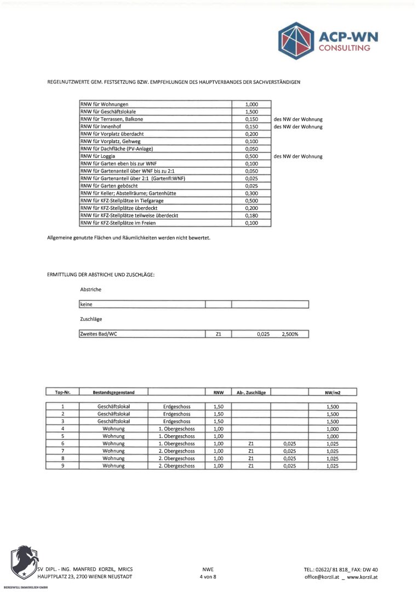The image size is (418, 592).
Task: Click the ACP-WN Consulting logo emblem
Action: pos(296,41)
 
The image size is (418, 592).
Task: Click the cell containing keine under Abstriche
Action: pos(87,304)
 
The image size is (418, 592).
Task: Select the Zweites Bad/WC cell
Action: pos(99,334)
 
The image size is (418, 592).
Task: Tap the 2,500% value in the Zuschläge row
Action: pos(290,334)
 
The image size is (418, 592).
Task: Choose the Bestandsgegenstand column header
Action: pos(113,392)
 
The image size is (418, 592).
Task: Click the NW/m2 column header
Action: pos(333,392)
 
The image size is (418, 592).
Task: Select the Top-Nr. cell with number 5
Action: pos(63,436)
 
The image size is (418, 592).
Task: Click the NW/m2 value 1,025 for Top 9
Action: pos(333,466)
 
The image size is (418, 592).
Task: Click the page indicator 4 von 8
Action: pos(208,577)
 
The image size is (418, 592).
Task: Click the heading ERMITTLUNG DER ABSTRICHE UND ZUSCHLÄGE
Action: pos(101,274)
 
